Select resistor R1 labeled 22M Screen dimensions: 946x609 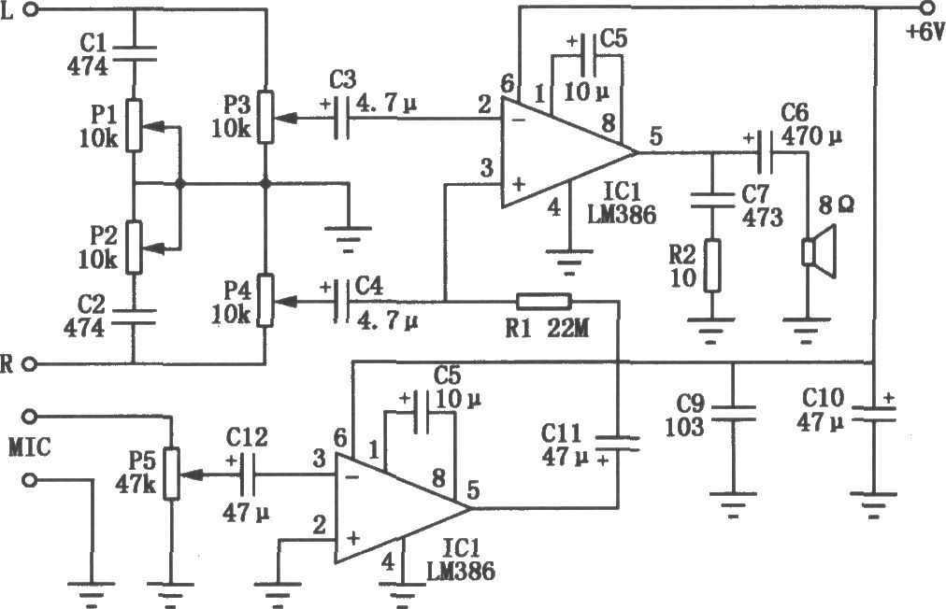[544, 301]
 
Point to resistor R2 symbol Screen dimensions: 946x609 [712, 265]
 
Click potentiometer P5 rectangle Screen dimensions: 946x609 [172, 474]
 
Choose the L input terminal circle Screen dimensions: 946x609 [32, 9]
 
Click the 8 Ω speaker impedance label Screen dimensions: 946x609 [836, 205]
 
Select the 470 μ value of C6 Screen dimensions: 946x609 [810, 136]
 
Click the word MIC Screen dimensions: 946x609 [30, 447]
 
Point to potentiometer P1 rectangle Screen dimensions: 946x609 [134, 125]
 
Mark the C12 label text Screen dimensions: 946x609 [248, 437]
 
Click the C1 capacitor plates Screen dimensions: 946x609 [134, 53]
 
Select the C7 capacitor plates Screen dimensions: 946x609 [712, 200]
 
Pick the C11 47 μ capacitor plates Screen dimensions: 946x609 [617, 443]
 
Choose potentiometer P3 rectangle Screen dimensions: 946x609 [266, 117]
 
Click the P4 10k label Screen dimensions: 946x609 [231, 302]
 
